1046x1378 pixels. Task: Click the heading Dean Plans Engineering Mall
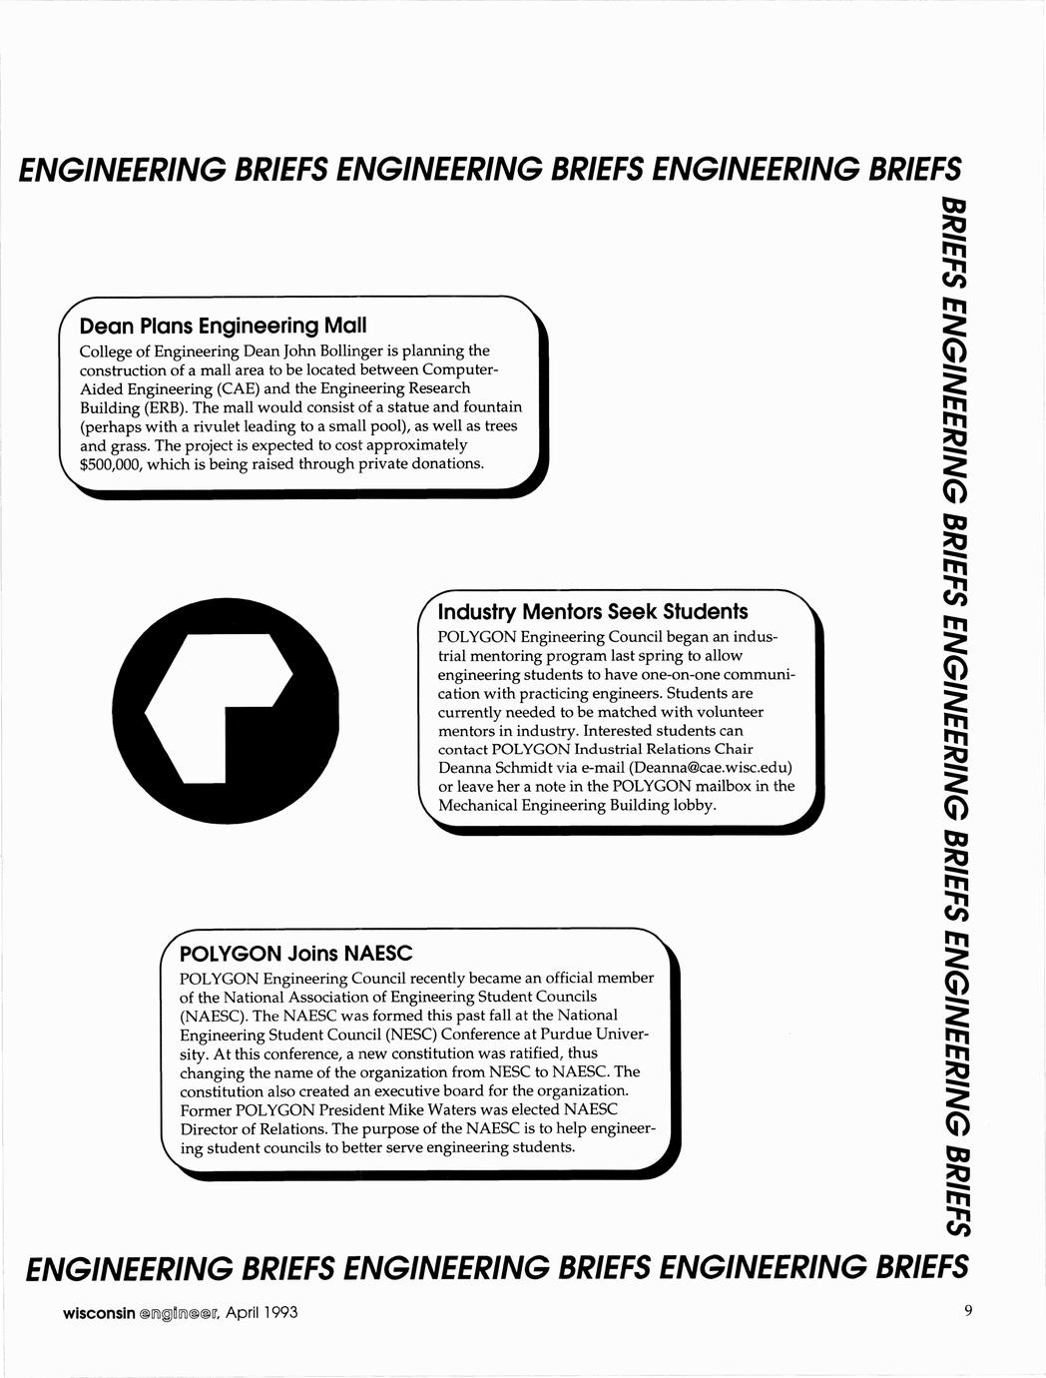click(223, 326)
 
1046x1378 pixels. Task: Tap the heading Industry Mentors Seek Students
click(593, 611)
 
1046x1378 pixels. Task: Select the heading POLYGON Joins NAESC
click(295, 953)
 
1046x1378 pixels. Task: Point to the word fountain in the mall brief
click(490, 407)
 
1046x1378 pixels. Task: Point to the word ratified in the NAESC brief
click(522, 1053)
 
